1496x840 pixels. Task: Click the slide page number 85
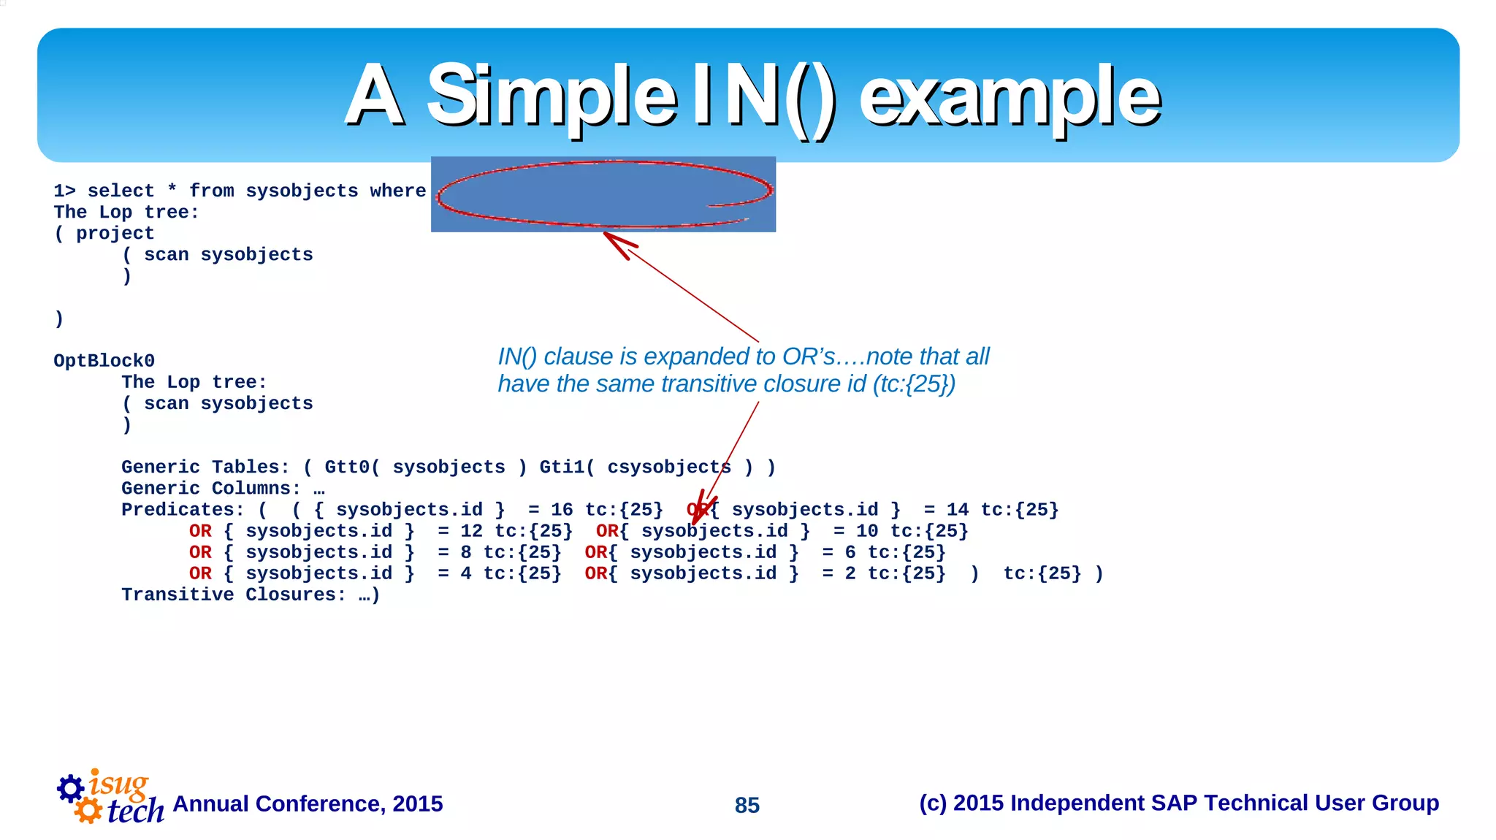(x=747, y=805)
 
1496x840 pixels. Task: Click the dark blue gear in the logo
(x=71, y=788)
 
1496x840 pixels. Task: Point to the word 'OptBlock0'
(x=104, y=361)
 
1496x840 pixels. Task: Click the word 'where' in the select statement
(x=397, y=191)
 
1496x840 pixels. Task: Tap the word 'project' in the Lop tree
(x=115, y=233)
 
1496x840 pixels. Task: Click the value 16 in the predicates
(x=561, y=510)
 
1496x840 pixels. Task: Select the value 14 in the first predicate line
(x=957, y=510)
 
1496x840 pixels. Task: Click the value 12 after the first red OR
(x=471, y=531)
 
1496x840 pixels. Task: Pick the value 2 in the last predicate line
(x=850, y=573)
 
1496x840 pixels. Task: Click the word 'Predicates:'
(x=183, y=510)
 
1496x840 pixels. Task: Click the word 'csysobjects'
(x=668, y=467)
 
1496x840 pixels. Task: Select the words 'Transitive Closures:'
(x=234, y=595)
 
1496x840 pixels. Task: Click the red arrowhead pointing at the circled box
(x=618, y=244)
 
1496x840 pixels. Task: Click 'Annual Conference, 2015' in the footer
(x=308, y=803)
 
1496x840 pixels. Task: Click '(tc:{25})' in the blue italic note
(x=914, y=384)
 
